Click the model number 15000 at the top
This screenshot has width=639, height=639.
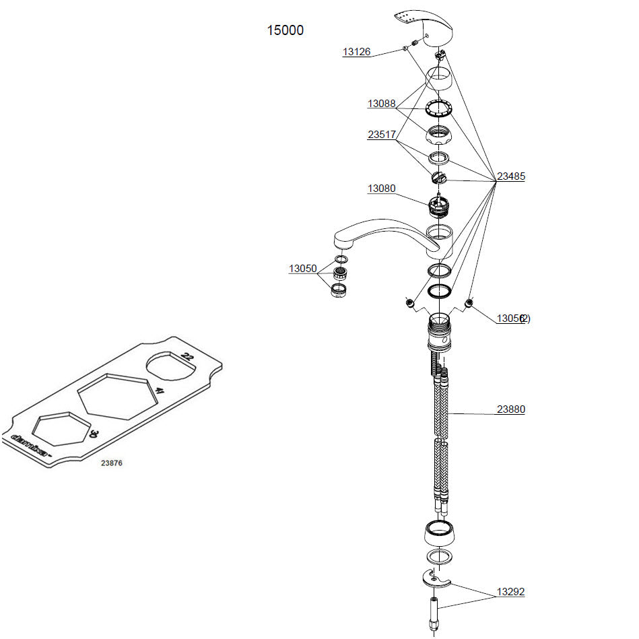(285, 30)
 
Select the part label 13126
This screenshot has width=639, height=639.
(356, 52)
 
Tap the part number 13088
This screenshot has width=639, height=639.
(381, 104)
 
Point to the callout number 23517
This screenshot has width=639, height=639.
(381, 135)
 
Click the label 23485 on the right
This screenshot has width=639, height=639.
(511, 177)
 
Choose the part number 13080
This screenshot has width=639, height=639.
(381, 189)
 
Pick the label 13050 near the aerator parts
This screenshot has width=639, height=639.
(302, 269)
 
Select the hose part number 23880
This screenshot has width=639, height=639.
(511, 409)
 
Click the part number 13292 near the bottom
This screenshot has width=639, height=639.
(510, 593)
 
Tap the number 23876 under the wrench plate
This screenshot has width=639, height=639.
(112, 463)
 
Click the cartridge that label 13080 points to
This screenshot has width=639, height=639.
(439, 204)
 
